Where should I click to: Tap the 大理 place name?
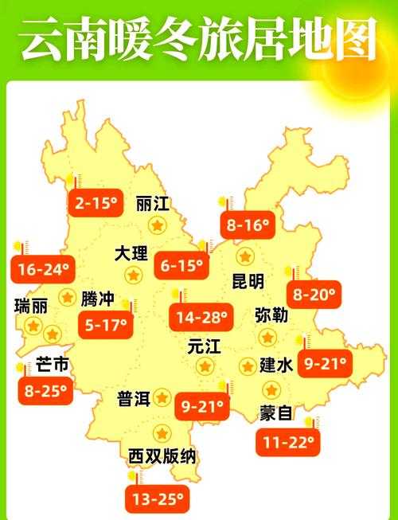click(x=131, y=254)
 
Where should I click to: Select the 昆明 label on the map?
click(x=248, y=281)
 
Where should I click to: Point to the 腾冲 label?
click(x=97, y=299)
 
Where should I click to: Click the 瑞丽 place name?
click(x=30, y=306)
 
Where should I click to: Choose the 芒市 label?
click(x=53, y=366)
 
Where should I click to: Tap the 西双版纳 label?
click(x=162, y=457)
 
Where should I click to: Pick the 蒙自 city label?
click(x=276, y=413)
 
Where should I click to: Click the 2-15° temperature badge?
click(x=96, y=204)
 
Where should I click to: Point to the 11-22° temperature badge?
click(x=287, y=442)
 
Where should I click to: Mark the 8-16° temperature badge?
click(x=248, y=225)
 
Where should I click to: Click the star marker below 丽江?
click(x=158, y=226)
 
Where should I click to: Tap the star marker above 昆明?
click(x=245, y=256)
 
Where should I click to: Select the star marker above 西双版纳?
click(x=162, y=434)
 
